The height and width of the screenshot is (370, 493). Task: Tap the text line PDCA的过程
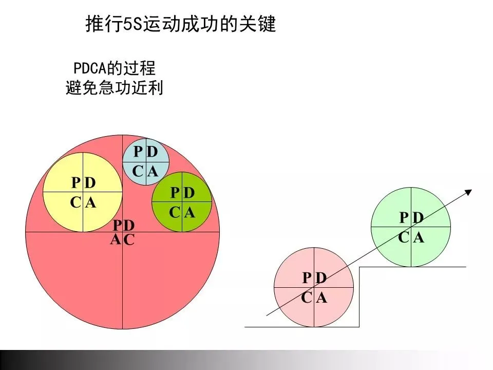click(114, 68)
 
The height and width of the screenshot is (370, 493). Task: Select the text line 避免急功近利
click(114, 88)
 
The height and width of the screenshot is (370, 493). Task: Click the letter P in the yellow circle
click(76, 183)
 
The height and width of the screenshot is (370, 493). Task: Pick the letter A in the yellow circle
click(91, 203)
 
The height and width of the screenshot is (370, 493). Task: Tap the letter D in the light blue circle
click(152, 152)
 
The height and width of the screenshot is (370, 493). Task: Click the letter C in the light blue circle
click(138, 172)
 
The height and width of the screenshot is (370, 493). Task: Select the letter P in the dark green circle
click(175, 193)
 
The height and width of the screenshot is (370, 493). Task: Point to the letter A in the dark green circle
click(189, 212)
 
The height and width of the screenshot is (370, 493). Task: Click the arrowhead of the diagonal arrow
click(468, 193)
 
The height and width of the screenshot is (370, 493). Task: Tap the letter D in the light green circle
click(419, 218)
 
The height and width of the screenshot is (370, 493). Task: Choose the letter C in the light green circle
click(404, 237)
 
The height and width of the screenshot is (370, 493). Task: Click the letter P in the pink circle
click(307, 278)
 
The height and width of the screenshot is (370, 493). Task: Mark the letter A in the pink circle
click(322, 298)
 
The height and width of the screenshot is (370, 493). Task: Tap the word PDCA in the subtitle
click(87, 68)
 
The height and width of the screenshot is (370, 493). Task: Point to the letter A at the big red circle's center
click(116, 239)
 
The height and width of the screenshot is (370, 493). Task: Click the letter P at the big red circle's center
click(118, 226)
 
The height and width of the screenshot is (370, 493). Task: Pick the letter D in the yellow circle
click(91, 183)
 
